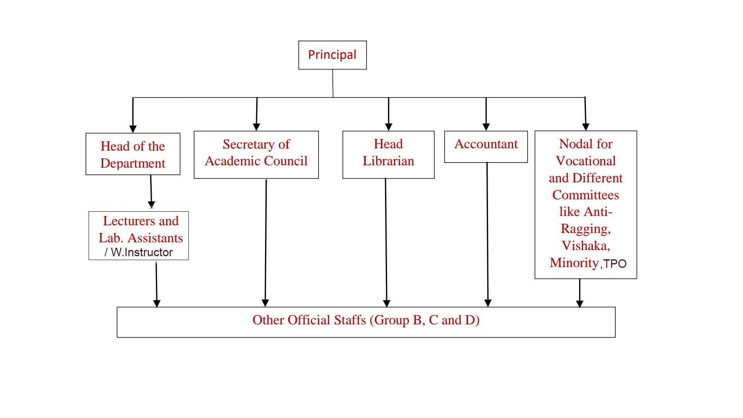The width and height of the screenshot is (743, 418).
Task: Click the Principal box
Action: pos(332,55)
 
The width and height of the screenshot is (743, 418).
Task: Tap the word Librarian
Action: pos(388,161)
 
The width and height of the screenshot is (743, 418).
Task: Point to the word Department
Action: pos(133,163)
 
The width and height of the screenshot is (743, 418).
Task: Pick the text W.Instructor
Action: pos(142,252)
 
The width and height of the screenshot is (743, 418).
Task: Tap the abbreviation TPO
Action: pos(615,264)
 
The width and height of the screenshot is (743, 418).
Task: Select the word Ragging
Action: pos(585,229)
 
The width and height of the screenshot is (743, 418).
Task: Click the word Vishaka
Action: pos(585,246)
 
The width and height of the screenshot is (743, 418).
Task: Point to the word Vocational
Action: pos(585,161)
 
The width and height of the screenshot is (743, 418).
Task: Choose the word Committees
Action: pos(585,195)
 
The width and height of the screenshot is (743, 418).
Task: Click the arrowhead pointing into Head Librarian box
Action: pos(389,127)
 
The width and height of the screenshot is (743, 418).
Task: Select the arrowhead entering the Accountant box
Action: pos(486,127)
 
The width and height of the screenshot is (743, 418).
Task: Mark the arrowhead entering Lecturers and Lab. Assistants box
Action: pos(152,204)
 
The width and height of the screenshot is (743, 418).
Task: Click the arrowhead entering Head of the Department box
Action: pos(133,129)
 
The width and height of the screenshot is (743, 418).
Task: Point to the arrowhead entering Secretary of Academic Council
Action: pos(256,127)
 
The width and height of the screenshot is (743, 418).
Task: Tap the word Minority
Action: pos(574,263)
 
